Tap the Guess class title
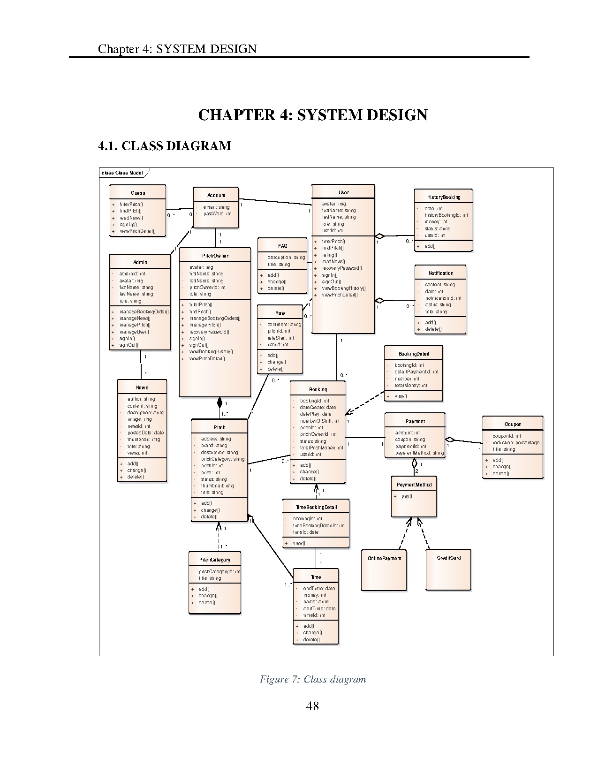point(138,193)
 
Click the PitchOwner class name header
point(215,256)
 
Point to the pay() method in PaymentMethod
point(407,496)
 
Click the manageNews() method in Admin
point(135,318)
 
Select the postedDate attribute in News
point(145,433)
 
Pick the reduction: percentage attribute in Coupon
point(516,442)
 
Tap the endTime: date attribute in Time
point(319,588)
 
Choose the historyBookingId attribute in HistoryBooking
point(446,215)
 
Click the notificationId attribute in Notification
point(443,298)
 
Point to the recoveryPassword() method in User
point(342,268)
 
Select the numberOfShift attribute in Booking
point(320,421)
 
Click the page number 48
point(312,706)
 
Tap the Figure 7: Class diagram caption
point(313,679)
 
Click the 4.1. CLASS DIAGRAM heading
point(165,146)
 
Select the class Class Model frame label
point(122,173)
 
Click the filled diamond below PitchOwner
point(220,402)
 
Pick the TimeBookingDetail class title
point(316,507)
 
